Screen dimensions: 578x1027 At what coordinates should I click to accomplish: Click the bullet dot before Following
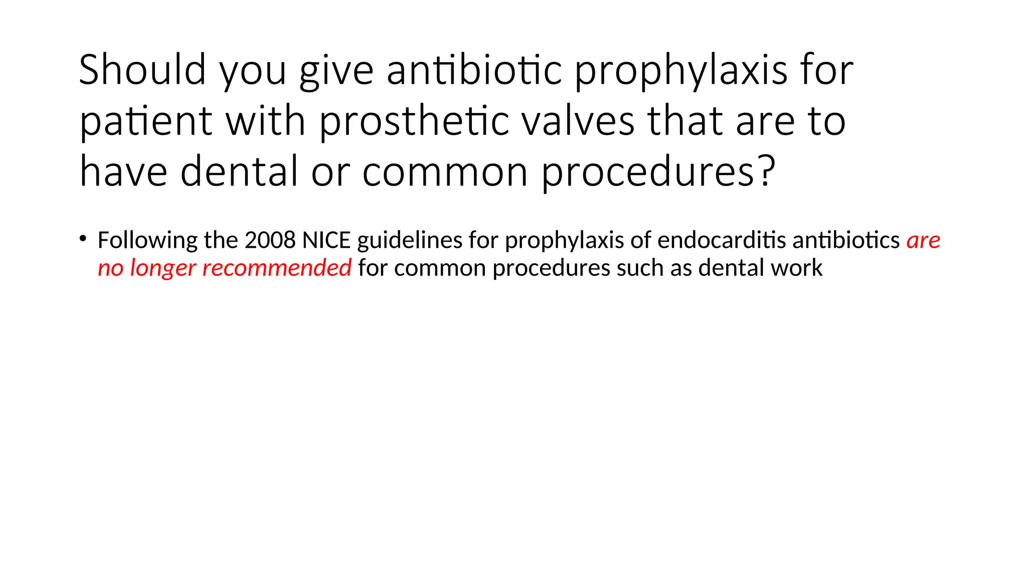(x=83, y=238)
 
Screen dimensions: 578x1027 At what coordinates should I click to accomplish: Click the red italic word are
(x=923, y=240)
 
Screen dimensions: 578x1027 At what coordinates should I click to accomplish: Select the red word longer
(x=162, y=268)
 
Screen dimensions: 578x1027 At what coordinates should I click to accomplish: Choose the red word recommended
(x=276, y=267)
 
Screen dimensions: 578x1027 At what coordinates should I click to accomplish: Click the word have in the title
(x=123, y=171)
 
